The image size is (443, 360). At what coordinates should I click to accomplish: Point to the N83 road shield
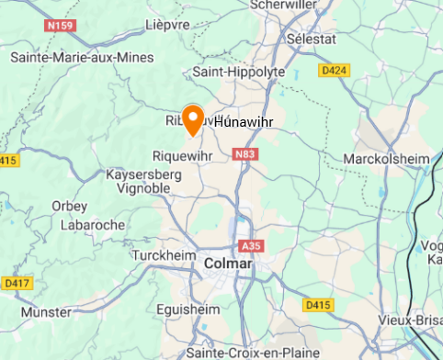[x=244, y=155]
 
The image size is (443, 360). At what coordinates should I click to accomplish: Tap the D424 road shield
[x=333, y=69]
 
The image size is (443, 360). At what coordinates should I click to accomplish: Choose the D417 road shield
[x=15, y=282]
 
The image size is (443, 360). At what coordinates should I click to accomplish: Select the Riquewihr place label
[x=182, y=156]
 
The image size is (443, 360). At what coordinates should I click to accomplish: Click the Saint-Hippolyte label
[x=239, y=72]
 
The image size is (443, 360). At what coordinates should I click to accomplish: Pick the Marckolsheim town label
[x=386, y=159]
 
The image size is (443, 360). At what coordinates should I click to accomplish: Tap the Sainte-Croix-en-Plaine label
[x=252, y=352]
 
